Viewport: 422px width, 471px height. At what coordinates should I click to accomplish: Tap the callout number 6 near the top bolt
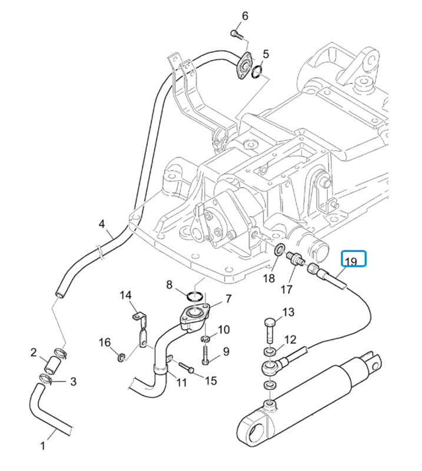(x=245, y=15)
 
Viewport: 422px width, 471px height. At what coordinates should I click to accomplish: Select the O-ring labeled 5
(x=257, y=73)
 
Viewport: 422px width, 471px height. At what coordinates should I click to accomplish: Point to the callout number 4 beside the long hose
(x=101, y=224)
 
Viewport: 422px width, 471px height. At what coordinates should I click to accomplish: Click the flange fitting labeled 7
(x=195, y=316)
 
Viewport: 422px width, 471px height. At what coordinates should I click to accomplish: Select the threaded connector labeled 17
(x=293, y=258)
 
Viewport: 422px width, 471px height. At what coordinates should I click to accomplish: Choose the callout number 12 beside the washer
(x=290, y=339)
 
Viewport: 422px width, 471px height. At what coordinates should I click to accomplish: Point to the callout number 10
(x=224, y=329)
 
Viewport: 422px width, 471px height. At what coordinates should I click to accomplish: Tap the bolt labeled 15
(x=186, y=368)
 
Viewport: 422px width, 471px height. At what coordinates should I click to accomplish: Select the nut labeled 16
(x=121, y=356)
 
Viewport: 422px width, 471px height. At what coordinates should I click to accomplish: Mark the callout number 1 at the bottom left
(x=42, y=446)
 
